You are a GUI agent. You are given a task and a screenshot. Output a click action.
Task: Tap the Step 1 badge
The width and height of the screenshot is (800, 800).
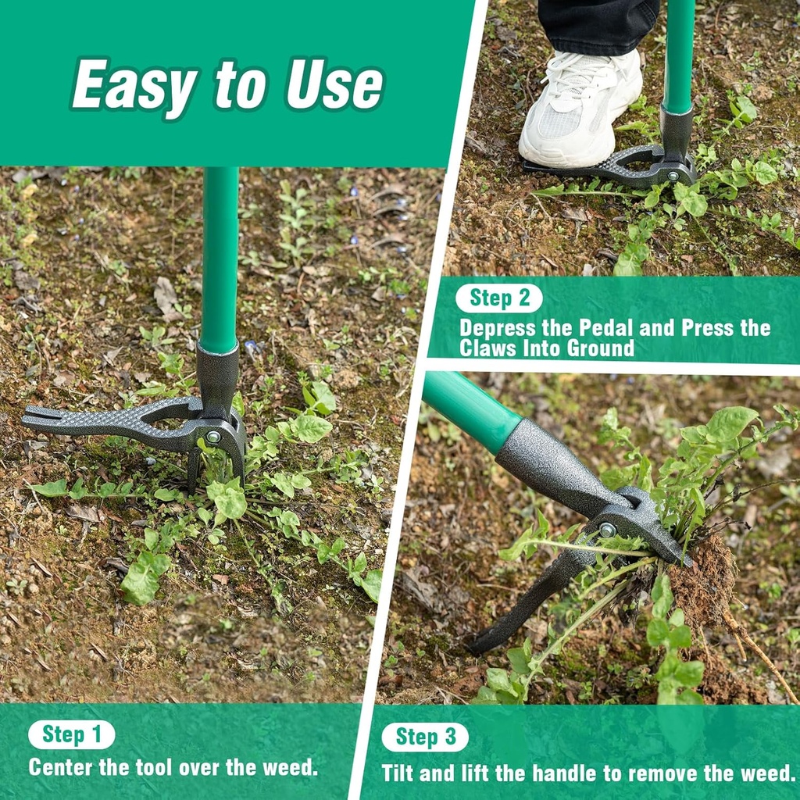coord(71,734)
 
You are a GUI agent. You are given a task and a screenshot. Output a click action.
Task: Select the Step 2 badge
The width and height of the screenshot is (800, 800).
coord(499,298)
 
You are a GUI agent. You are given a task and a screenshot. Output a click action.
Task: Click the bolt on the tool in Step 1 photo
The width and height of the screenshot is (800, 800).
coord(212,437)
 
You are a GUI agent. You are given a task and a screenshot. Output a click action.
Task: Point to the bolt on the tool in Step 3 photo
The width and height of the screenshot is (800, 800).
coord(606,530)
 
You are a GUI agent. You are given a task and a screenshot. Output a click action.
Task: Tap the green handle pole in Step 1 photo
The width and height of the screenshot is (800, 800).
coord(219,258)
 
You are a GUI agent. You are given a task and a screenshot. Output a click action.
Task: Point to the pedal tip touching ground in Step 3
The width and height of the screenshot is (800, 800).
coord(478,645)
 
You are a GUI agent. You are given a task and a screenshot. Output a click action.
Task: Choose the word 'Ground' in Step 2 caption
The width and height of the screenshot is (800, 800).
coord(598,348)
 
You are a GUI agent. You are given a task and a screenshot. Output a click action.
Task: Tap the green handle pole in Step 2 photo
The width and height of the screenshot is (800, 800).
coord(679,55)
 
